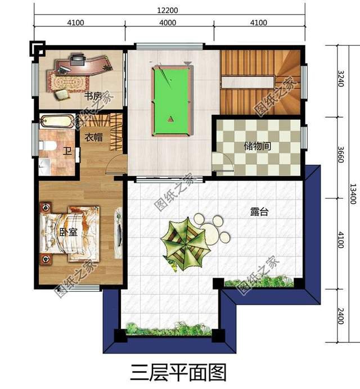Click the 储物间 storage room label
pos(258,146)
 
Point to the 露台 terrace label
pos(259,212)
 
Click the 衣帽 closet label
pos(94,137)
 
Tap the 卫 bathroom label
pos(67,151)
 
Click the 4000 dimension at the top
pos(168,22)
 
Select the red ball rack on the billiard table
pos(172,120)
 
